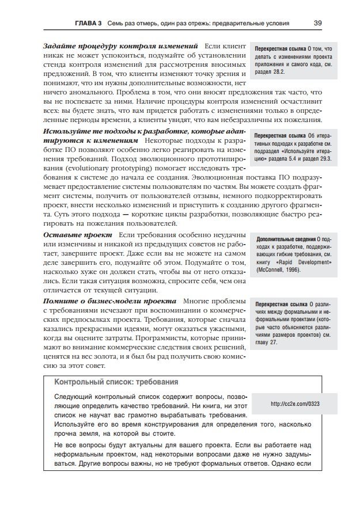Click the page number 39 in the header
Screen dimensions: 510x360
coord(317,24)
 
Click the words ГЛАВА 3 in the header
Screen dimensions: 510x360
coord(89,24)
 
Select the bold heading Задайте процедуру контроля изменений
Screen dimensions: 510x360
coord(121,45)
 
